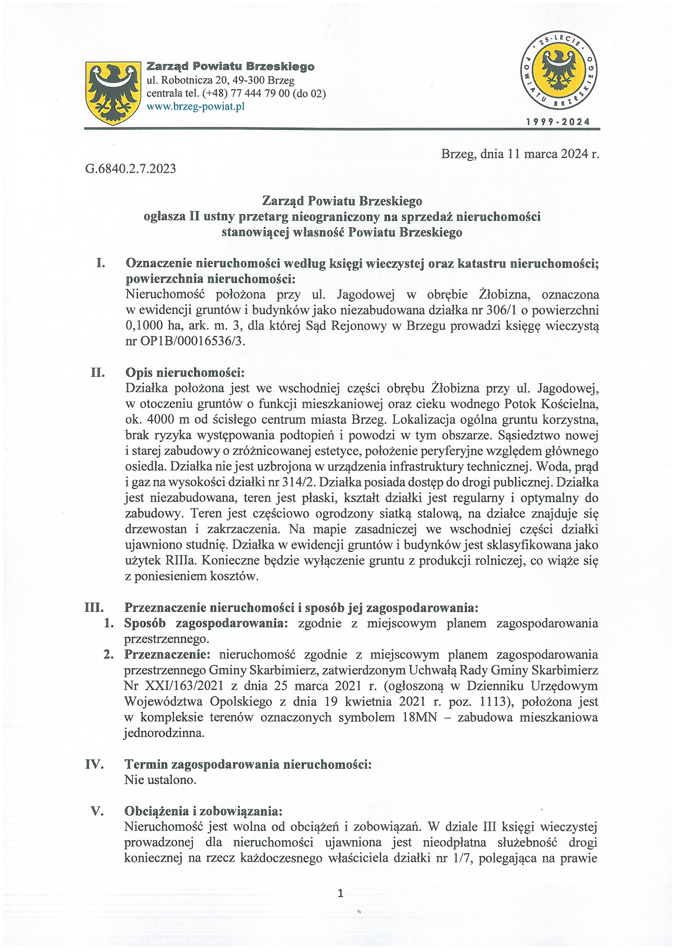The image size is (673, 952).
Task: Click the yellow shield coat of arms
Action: point(112,93)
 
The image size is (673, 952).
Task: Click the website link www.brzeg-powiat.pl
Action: point(196,107)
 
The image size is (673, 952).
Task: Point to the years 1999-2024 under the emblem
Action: point(558,121)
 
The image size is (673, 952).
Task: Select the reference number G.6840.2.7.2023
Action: point(130,169)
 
